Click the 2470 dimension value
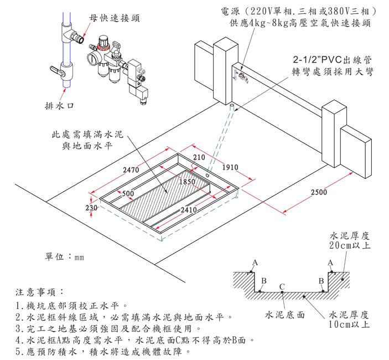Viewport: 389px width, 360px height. tap(130, 170)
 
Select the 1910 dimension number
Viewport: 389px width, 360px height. tap(230, 167)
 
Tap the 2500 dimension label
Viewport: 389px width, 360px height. tap(318, 192)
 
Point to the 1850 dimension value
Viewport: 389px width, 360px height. tap(188, 182)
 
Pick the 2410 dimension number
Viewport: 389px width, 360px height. tap(189, 210)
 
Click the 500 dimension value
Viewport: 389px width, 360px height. tap(128, 193)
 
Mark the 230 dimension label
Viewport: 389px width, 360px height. tap(91, 208)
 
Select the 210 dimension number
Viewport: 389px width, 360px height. tap(200, 158)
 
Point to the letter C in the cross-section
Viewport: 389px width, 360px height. tap(282, 286)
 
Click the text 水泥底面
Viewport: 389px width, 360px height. tap(285, 315)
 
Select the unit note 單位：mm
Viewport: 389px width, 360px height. tap(64, 257)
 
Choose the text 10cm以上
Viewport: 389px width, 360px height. tap(349, 324)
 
